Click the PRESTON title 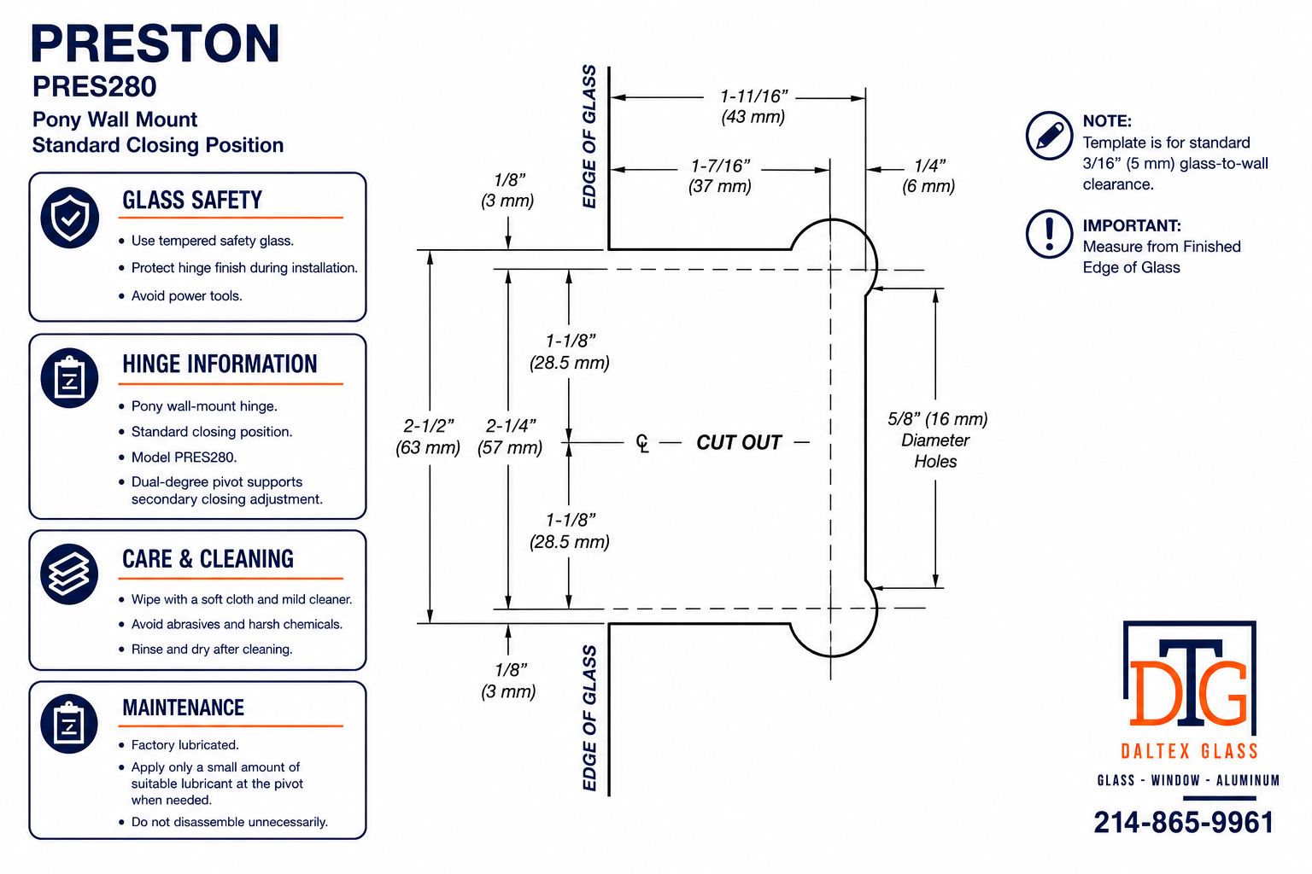coord(155,44)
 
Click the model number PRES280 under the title coord(94,87)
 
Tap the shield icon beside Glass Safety coord(70,218)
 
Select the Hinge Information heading coord(220,364)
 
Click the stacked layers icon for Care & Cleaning coord(69,574)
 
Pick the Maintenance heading coord(184,708)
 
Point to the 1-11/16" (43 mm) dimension coord(753,106)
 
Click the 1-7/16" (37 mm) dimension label coord(720,176)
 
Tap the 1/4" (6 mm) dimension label coord(928,176)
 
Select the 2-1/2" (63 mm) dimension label coord(428,436)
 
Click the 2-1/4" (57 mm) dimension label coord(510,436)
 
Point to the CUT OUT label coord(739,443)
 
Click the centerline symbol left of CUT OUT coord(642,443)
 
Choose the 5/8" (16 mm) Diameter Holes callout coord(936,440)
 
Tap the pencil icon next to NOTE coord(1049,135)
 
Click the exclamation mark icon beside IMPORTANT coord(1049,234)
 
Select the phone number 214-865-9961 coord(1184,823)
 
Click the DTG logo coord(1190,679)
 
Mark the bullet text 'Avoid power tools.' coord(187,295)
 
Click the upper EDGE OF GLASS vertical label coord(589,137)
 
